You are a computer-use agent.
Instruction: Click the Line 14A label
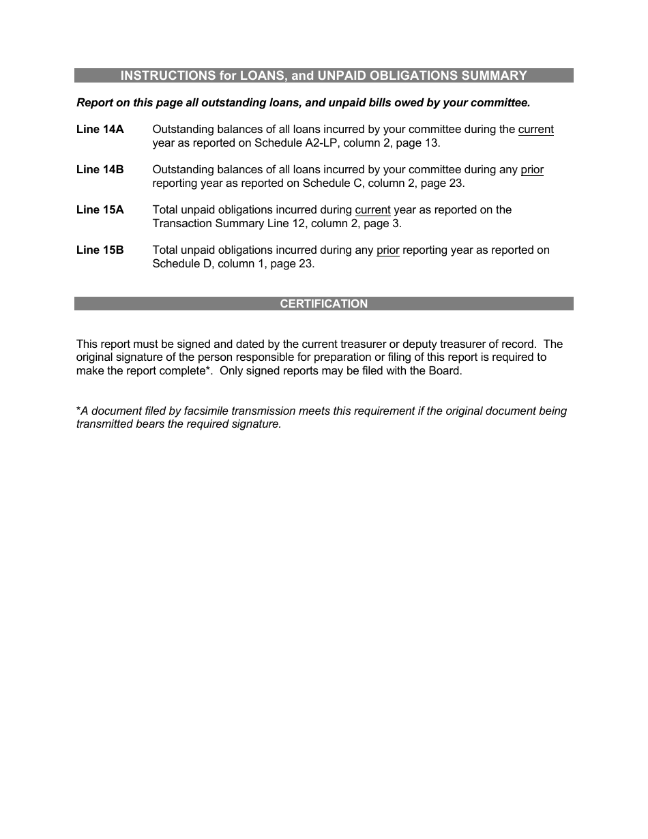(x=100, y=130)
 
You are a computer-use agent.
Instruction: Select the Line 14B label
(x=100, y=170)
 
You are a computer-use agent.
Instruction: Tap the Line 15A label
(x=100, y=210)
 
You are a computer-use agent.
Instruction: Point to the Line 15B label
(x=100, y=250)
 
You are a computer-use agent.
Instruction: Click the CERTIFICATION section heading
(x=323, y=304)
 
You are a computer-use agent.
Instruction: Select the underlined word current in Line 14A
(x=535, y=130)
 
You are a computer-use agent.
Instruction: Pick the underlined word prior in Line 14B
(x=532, y=170)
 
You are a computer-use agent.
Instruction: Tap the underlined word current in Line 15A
(x=372, y=210)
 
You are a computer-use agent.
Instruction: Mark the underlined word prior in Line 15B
(x=387, y=250)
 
